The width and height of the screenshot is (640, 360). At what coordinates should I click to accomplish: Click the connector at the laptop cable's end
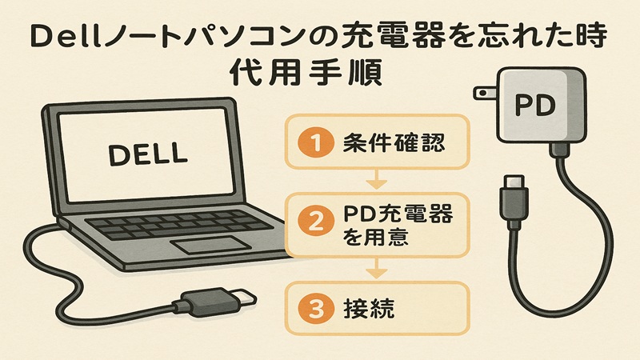[x=210, y=303]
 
